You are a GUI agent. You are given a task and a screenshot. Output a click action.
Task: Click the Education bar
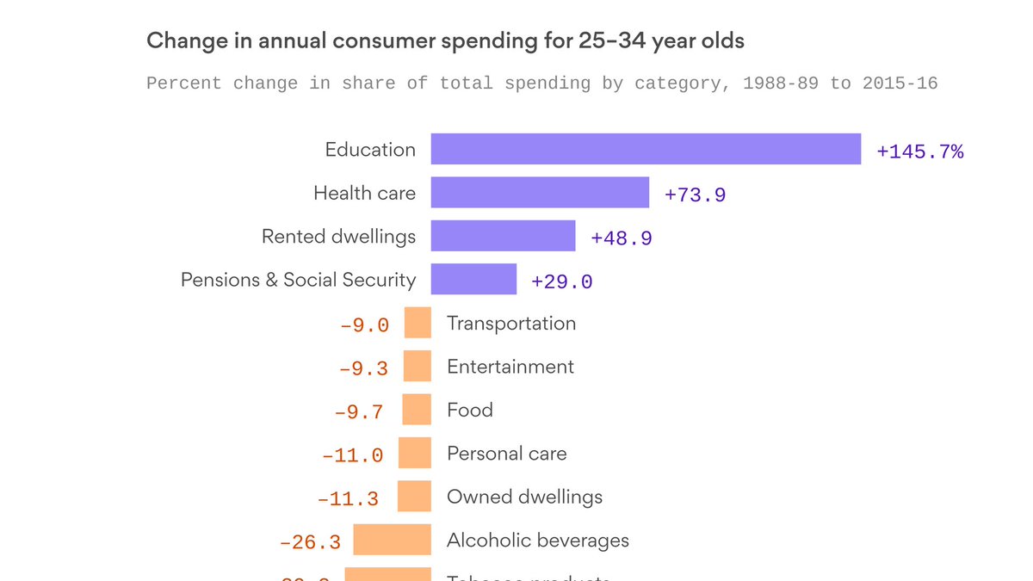pyautogui.click(x=646, y=149)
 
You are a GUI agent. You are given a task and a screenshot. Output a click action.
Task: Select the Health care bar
pyautogui.click(x=540, y=193)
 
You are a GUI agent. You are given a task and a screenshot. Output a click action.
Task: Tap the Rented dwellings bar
pyautogui.click(x=503, y=236)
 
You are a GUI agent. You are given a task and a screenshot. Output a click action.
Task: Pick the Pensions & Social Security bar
pyautogui.click(x=473, y=280)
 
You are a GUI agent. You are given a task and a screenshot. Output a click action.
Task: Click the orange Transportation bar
pyautogui.click(x=418, y=324)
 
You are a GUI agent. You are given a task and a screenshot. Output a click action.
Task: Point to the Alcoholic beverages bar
pyautogui.click(x=392, y=541)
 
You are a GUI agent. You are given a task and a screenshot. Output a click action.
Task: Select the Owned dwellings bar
pyautogui.click(x=414, y=497)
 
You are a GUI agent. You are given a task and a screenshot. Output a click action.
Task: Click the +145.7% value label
pyautogui.click(x=919, y=152)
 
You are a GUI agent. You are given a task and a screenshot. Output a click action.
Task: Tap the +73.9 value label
pyautogui.click(x=695, y=195)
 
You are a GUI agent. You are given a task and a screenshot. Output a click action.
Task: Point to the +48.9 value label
pyautogui.click(x=622, y=238)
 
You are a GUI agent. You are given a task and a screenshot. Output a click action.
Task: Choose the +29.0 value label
pyautogui.click(x=562, y=282)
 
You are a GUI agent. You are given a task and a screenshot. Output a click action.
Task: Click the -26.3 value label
pyautogui.click(x=310, y=543)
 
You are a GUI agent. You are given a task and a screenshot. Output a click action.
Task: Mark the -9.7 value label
pyautogui.click(x=358, y=412)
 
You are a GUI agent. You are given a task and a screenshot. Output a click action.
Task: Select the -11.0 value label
pyautogui.click(x=352, y=456)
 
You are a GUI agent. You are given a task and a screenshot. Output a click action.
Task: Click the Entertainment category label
pyautogui.click(x=510, y=367)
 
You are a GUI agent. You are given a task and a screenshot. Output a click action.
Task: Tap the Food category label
pyautogui.click(x=470, y=410)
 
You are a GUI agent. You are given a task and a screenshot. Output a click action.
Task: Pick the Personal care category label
pyautogui.click(x=507, y=454)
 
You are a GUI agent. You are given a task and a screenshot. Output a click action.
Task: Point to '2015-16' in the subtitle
pyautogui.click(x=900, y=83)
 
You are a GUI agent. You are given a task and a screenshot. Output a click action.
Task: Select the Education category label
pyautogui.click(x=370, y=150)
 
